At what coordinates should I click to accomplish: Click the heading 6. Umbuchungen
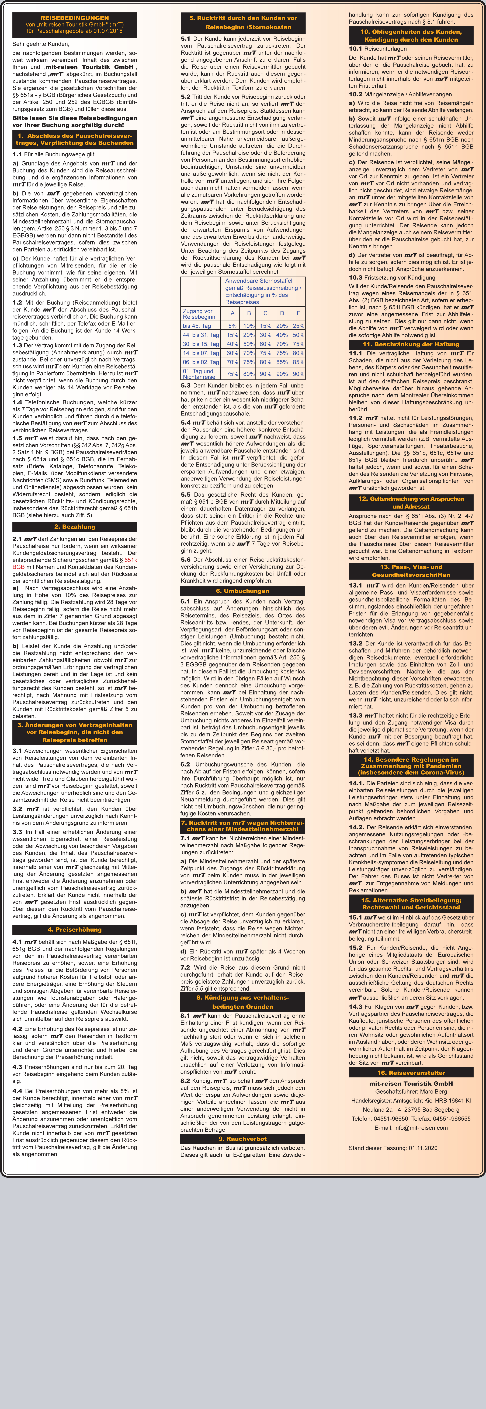242,591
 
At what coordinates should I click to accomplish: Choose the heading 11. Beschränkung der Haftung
411,344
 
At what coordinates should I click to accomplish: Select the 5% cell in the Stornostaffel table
233,326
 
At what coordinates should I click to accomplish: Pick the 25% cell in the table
298,326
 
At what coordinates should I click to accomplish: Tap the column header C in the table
265,313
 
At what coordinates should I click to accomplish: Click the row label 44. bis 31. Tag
201,335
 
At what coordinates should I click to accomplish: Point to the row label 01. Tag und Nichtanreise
199,374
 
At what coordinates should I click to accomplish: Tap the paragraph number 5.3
186,385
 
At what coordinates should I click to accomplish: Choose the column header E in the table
298,313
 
